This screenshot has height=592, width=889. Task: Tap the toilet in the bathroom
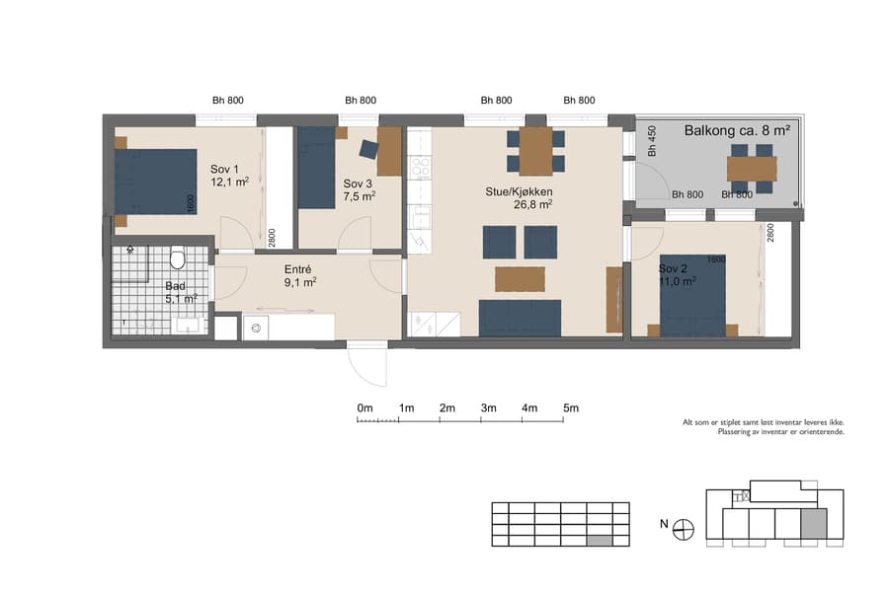[x=178, y=259]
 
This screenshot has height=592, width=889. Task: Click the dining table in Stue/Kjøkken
[x=535, y=151]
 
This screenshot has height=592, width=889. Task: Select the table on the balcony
[x=752, y=168]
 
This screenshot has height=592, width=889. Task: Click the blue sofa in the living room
[x=520, y=318]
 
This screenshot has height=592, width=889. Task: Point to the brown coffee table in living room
[x=520, y=279]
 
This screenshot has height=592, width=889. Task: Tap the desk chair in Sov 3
[x=368, y=149]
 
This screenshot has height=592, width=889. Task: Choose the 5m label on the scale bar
[x=570, y=407]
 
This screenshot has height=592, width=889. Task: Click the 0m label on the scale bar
[x=364, y=407]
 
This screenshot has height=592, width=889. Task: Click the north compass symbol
[x=683, y=530]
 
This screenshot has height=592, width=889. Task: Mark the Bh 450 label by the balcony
[x=652, y=143]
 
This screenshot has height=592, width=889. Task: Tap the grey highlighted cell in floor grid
[x=598, y=540]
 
